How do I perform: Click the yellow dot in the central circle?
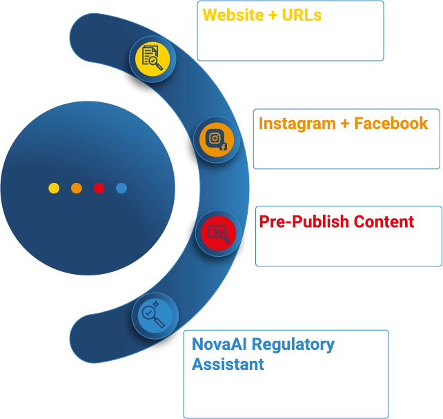[54, 188]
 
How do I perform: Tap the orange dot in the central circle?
[77, 188]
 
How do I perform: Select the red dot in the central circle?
[99, 188]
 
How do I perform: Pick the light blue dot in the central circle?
[121, 188]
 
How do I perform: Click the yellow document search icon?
[152, 58]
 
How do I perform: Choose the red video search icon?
[217, 233]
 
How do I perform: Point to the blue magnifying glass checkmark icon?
[154, 315]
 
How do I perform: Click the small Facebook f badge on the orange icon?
[224, 147]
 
